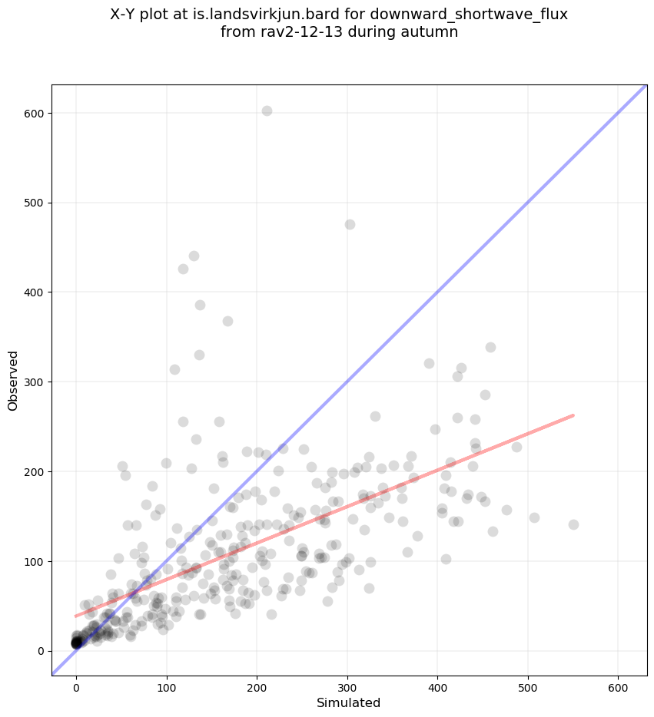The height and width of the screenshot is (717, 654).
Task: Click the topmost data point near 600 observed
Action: pyautogui.click(x=267, y=111)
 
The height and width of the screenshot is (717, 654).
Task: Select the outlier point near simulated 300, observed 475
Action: pyautogui.click(x=350, y=224)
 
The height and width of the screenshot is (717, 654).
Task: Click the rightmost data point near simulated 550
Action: pyautogui.click(x=573, y=524)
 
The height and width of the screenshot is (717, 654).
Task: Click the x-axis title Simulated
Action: pyautogui.click(x=349, y=702)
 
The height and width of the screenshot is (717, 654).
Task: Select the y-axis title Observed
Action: pyautogui.click(x=13, y=381)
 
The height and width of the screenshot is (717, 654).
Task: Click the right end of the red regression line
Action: pyautogui.click(x=573, y=415)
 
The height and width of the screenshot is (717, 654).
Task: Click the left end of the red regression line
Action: pyautogui.click(x=75, y=616)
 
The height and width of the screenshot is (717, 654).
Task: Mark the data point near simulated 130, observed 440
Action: pyautogui.click(x=194, y=256)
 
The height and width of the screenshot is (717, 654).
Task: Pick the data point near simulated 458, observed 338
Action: pyautogui.click(x=490, y=347)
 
